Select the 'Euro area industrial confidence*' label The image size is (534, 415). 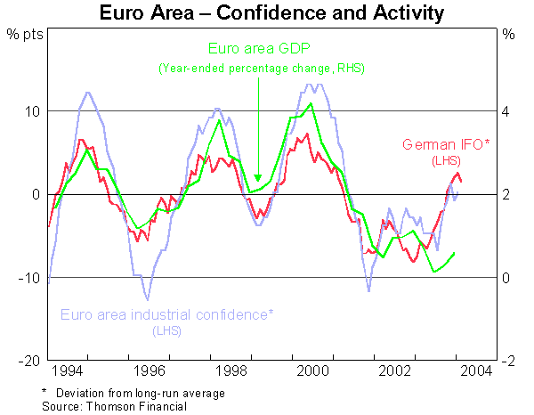[x=166, y=314]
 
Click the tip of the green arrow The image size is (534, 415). [x=257, y=180]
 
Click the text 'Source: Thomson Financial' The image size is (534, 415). [x=115, y=406]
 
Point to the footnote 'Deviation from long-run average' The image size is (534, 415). [x=141, y=393]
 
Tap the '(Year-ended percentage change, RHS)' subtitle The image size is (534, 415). [x=262, y=69]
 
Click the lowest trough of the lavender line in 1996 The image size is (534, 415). [x=148, y=299]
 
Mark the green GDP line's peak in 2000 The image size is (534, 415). [x=311, y=104]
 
